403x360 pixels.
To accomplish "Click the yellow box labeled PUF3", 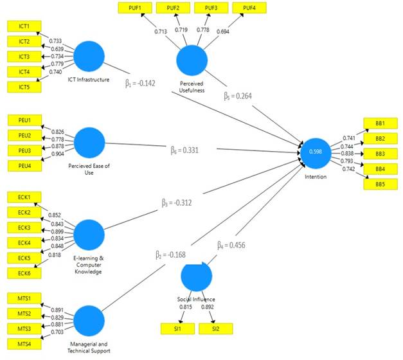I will pyautogui.click(x=211, y=8).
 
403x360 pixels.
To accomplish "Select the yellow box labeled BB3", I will pyautogui.click(x=381, y=154).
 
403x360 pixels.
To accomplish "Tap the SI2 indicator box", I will pyautogui.click(x=215, y=328).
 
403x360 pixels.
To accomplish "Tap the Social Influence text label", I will pyautogui.click(x=197, y=300).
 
